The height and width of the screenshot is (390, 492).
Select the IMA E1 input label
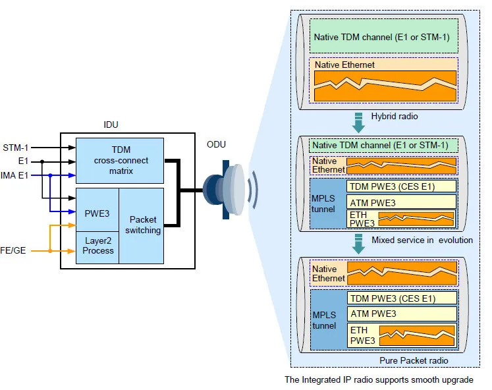tap(15, 175)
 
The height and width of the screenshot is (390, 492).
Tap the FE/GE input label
tap(14, 250)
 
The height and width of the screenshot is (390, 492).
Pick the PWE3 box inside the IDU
tap(97, 214)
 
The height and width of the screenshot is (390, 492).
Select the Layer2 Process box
tap(97, 246)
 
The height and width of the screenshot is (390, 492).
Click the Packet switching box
tap(142, 225)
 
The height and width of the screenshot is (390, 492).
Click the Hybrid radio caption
tap(395, 116)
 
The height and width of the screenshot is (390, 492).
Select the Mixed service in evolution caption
tap(422, 240)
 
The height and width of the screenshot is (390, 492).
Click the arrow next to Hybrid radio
tap(358, 121)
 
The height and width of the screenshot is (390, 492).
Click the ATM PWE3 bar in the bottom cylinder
tap(401, 314)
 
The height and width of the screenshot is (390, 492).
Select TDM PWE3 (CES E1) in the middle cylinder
tap(401, 186)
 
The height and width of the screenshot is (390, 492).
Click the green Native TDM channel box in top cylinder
tap(384, 37)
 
